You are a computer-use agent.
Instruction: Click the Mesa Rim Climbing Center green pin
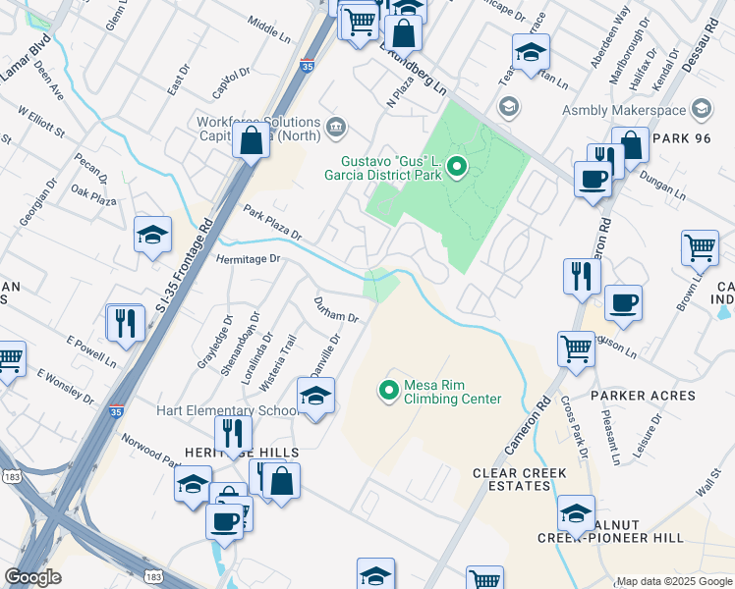[389, 391]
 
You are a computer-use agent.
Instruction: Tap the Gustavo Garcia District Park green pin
[457, 168]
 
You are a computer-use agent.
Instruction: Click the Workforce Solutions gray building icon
[336, 126]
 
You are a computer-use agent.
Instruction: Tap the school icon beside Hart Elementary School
[315, 398]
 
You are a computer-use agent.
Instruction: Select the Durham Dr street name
[335, 309]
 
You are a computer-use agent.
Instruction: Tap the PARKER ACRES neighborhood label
[643, 396]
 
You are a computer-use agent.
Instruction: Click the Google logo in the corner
[32, 576]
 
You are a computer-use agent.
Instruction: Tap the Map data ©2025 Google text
[674, 581]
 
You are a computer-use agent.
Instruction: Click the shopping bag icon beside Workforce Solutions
[252, 140]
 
